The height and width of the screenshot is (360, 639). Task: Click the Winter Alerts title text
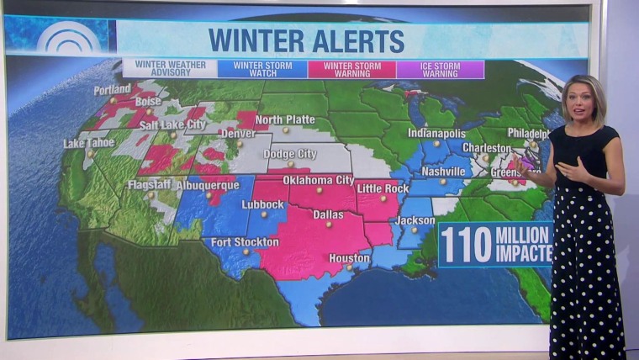click(306, 40)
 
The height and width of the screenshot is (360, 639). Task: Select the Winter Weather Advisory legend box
click(169, 68)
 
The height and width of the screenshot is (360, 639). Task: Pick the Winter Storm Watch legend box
click(261, 68)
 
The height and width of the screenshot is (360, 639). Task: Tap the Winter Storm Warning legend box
click(351, 68)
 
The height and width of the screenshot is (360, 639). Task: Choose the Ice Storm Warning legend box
click(440, 68)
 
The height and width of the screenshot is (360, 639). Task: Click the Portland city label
click(113, 89)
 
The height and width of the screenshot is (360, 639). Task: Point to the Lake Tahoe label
click(88, 143)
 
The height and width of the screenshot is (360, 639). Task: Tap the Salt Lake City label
click(172, 124)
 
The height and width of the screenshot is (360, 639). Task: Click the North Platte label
click(285, 119)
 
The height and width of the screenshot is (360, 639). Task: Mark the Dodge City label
click(290, 154)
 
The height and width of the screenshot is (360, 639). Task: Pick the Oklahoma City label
click(319, 180)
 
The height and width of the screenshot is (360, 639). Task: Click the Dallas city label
click(328, 214)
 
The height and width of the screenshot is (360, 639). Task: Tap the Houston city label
click(350, 258)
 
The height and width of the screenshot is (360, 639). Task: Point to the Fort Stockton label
click(245, 242)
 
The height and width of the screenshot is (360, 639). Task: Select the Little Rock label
click(383, 188)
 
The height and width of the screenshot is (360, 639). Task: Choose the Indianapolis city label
click(436, 133)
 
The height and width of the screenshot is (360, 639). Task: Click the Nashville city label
click(443, 172)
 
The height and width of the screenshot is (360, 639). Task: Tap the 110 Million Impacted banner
click(495, 244)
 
